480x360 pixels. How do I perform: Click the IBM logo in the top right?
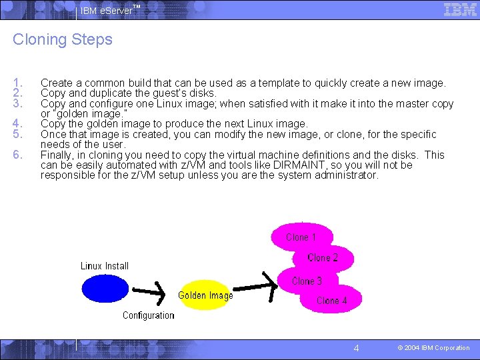click(459, 9)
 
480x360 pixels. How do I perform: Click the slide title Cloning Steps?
click(63, 39)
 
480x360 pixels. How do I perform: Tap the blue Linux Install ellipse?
click(105, 289)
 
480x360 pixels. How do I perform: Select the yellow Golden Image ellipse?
click(205, 295)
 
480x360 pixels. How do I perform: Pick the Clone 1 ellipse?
click(301, 237)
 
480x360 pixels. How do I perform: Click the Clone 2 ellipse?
click(323, 258)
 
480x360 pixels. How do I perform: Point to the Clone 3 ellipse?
click(307, 281)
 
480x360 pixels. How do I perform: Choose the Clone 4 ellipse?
click(331, 300)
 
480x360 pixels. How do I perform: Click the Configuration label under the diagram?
click(148, 315)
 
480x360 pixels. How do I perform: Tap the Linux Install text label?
click(105, 266)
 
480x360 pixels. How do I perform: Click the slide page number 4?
click(356, 348)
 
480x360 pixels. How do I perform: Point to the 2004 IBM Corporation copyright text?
click(433, 348)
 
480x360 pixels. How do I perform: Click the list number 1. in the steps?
click(18, 83)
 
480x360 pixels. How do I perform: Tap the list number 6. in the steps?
click(18, 155)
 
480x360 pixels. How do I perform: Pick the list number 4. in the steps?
click(18, 124)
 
